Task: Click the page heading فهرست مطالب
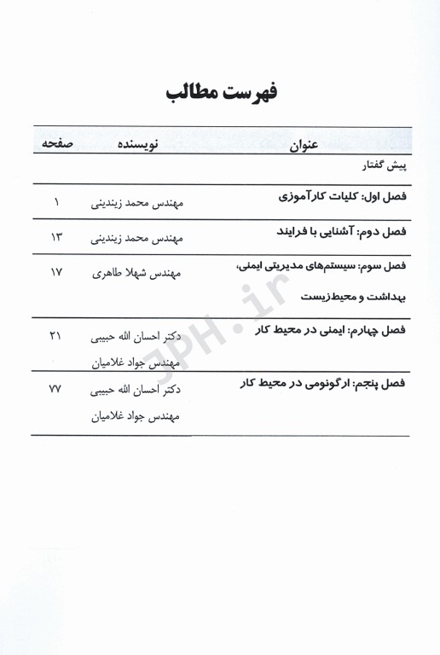(x=221, y=93)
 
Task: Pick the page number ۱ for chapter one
(x=56, y=203)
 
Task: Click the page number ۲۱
(x=56, y=336)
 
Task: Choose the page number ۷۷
(x=56, y=389)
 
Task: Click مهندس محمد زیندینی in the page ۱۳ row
(x=142, y=240)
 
